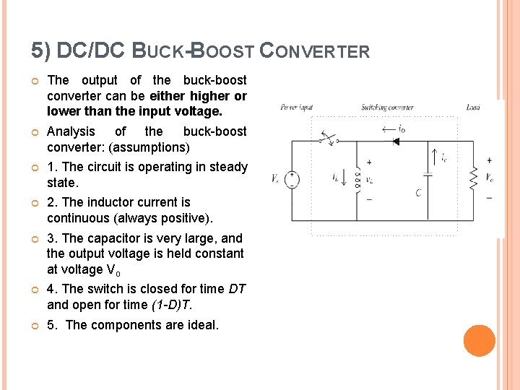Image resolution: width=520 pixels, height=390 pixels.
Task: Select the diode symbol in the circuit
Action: (x=395, y=142)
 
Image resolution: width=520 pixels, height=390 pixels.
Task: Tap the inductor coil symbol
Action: (x=357, y=181)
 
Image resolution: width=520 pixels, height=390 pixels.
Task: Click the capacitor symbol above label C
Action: (x=427, y=174)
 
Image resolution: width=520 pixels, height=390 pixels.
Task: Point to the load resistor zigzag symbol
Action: (x=474, y=178)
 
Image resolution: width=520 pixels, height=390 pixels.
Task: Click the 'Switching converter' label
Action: (x=388, y=108)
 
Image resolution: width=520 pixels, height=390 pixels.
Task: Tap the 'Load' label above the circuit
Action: (x=473, y=108)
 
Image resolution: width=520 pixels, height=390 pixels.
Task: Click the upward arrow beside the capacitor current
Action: (x=433, y=155)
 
